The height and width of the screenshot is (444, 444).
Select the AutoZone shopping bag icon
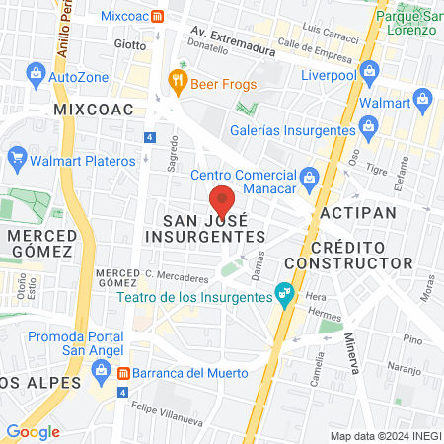click(x=36, y=74)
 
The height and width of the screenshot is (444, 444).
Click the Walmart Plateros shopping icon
click(x=17, y=158)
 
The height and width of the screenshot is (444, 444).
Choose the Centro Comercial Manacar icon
click(x=309, y=176)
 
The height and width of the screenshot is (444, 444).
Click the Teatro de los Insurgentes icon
click(x=284, y=292)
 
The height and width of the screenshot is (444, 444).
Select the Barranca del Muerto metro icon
click(x=123, y=373)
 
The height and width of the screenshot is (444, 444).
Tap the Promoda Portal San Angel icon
click(x=99, y=371)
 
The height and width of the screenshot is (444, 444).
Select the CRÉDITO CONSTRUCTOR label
click(x=347, y=255)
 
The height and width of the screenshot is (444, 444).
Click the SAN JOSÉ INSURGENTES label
click(x=205, y=229)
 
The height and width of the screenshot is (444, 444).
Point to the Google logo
click(x=34, y=431)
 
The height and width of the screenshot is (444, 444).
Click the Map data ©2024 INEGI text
click(x=384, y=435)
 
